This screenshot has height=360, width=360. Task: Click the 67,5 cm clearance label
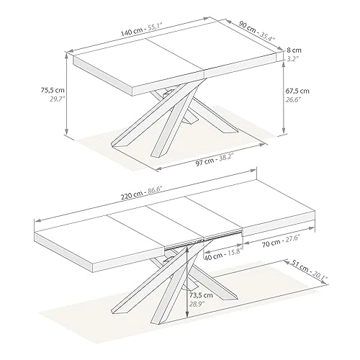point(297,91)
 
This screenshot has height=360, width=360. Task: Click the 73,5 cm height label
point(201,295)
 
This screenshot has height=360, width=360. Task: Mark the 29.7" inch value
point(49,102)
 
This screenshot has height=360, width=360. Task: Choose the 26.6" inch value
point(297,102)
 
